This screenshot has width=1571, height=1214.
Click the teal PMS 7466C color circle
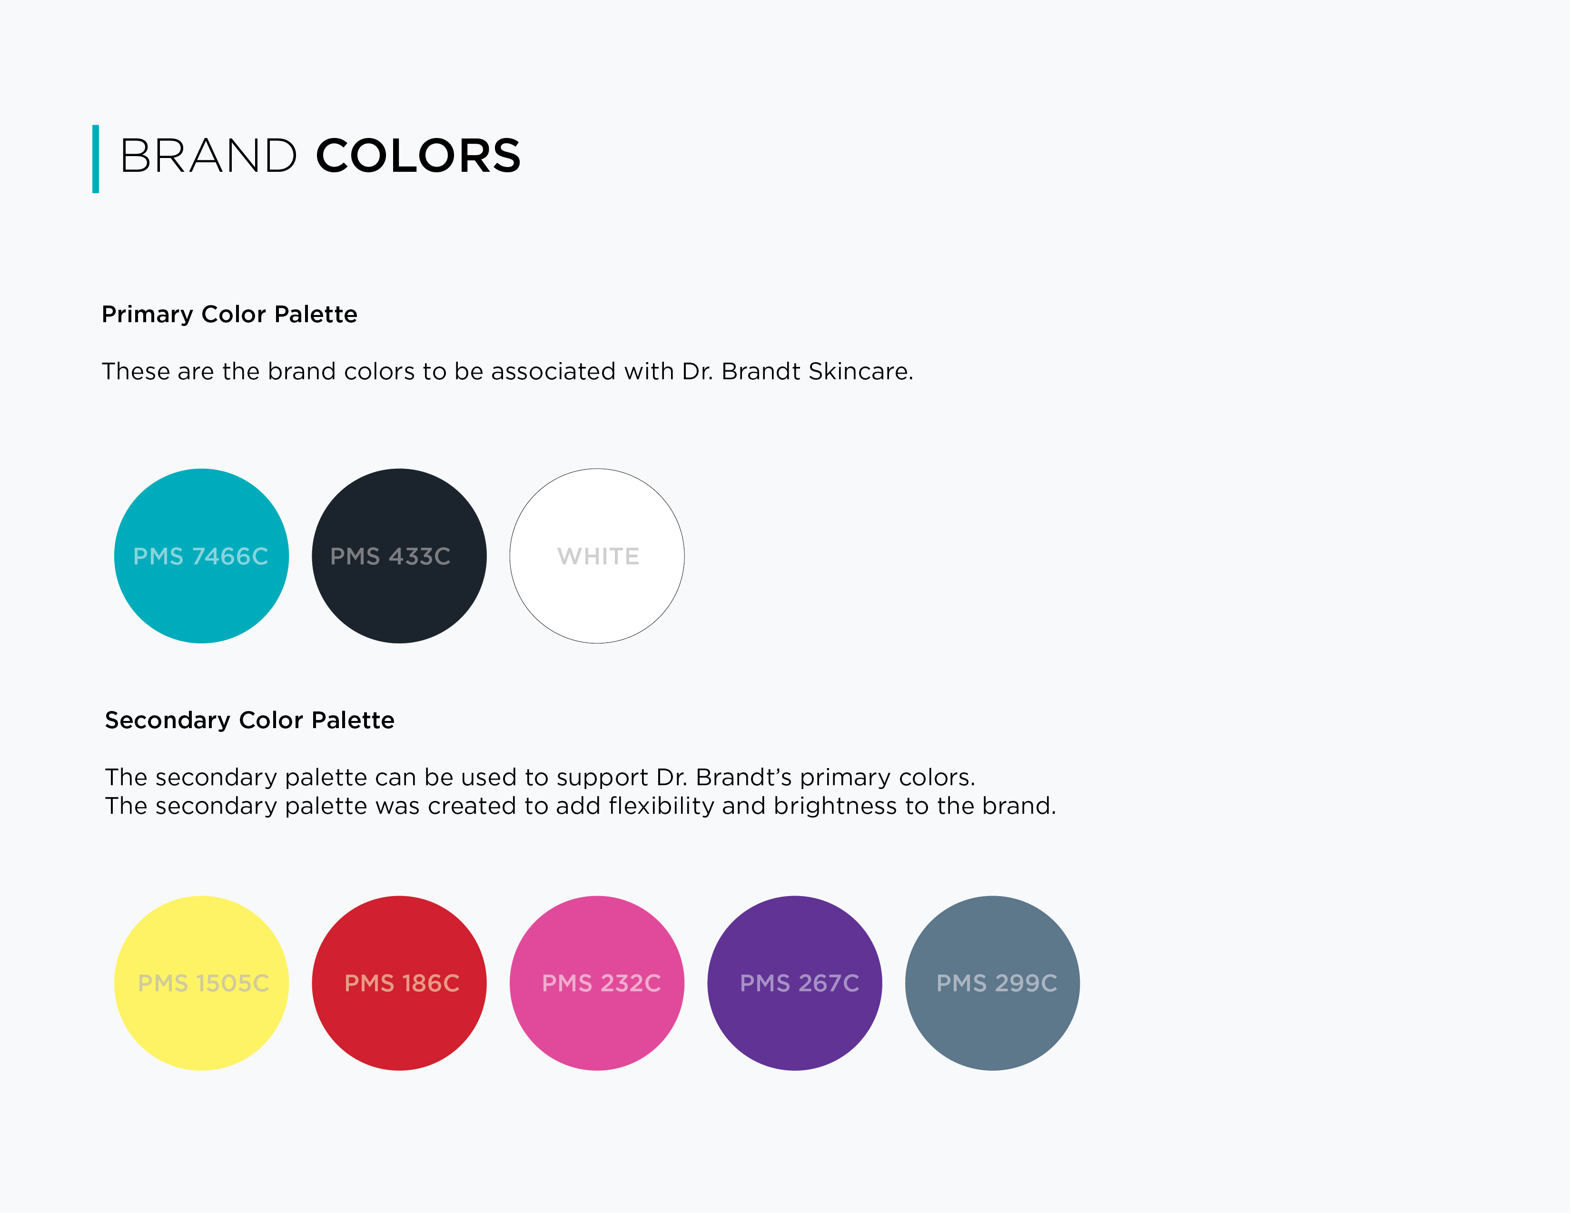201,556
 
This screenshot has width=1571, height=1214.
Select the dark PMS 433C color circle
399,556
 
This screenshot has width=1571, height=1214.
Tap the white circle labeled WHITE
597,556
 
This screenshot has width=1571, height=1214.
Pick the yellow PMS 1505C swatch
201,983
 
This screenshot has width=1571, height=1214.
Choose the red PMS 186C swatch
399,983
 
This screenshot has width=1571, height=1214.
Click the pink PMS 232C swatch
597,983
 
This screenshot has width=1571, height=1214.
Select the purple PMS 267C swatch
795,983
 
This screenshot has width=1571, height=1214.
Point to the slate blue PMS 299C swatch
993,983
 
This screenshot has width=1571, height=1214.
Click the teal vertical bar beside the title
96,159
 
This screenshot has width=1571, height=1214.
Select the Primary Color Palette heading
229,314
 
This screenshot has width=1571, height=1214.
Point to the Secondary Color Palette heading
249,720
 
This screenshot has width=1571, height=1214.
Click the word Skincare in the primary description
861,371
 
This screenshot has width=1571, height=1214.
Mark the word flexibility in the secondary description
662,806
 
